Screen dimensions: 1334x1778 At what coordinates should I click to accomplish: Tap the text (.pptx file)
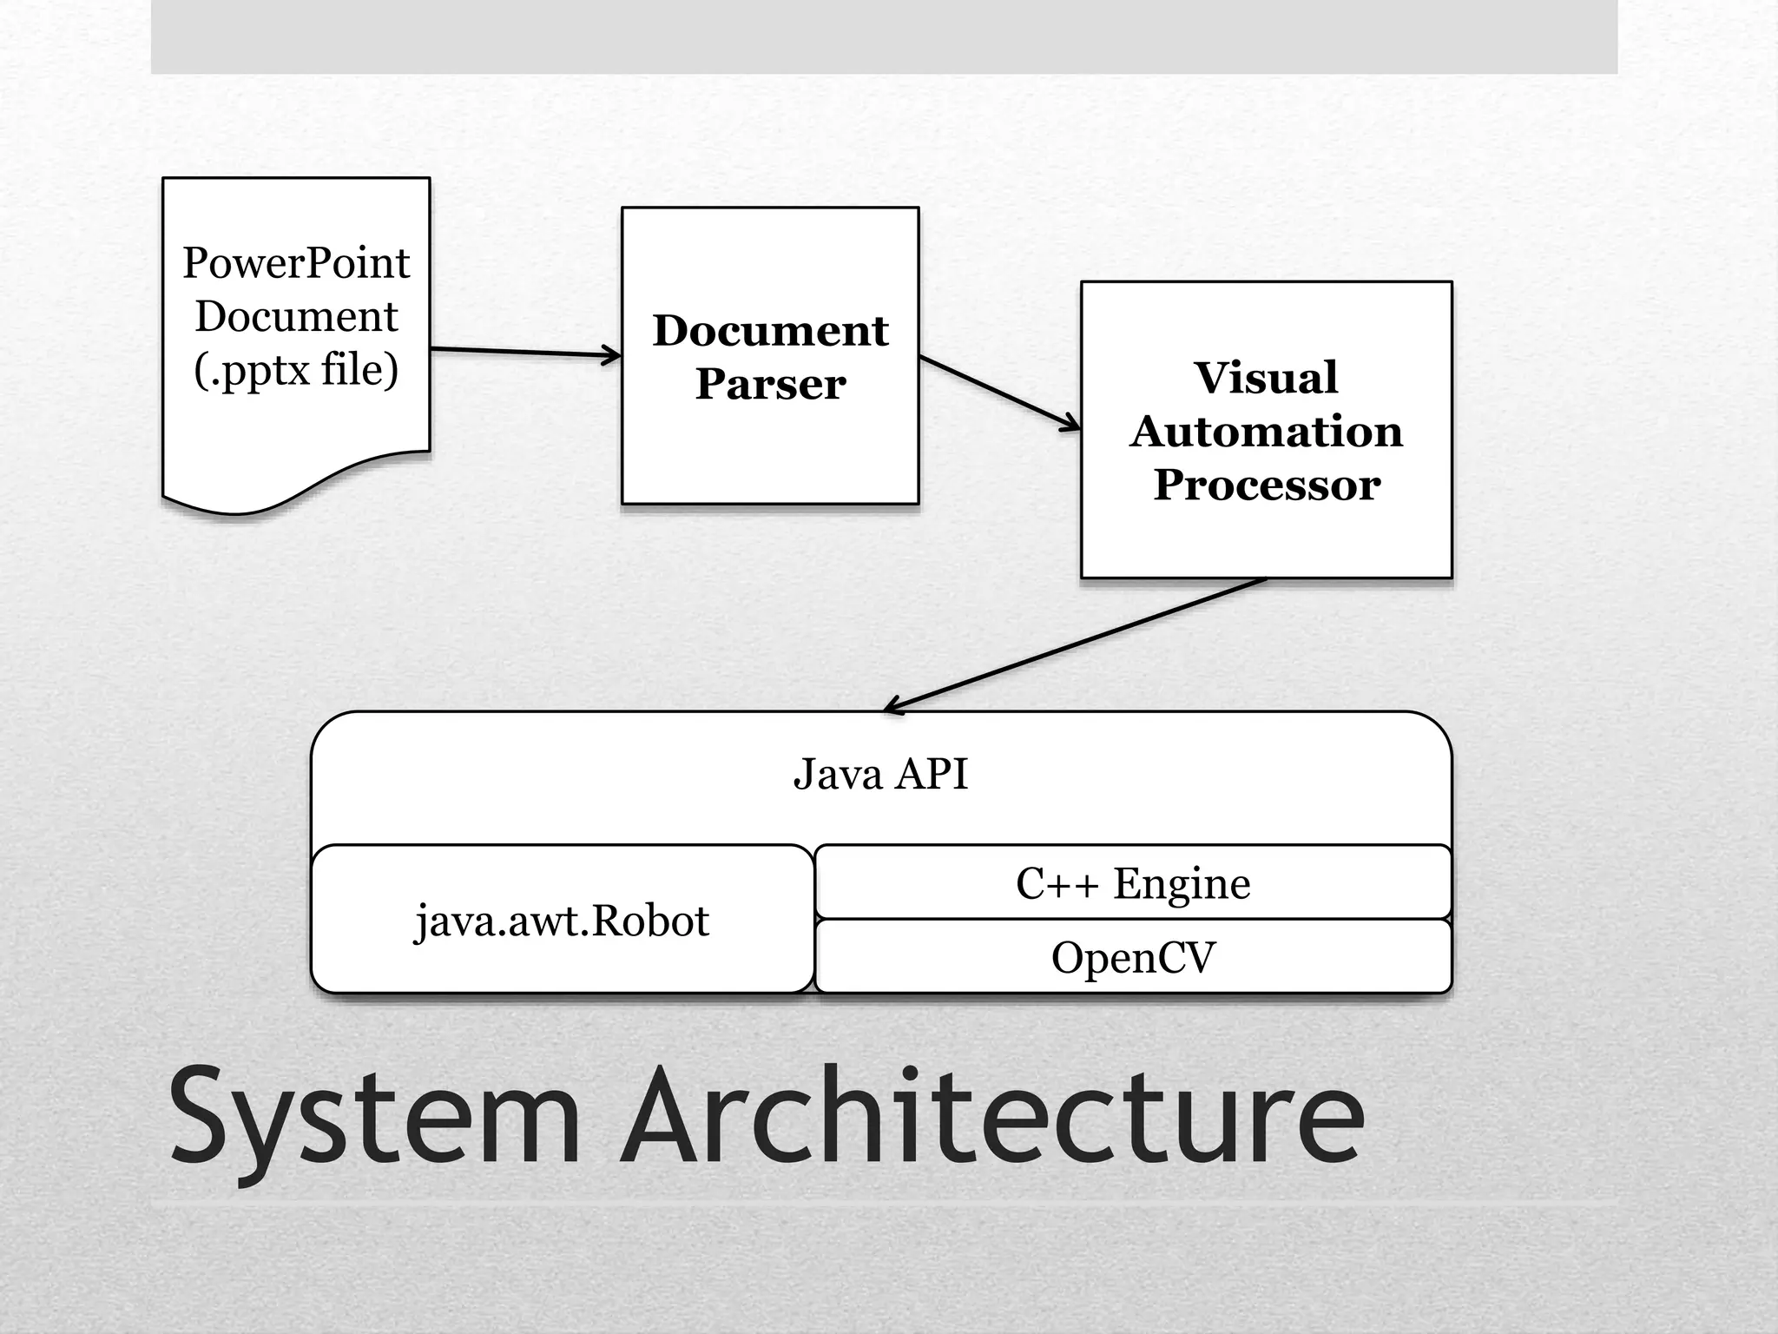click(x=295, y=370)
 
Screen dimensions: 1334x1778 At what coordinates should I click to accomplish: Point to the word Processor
click(x=1267, y=485)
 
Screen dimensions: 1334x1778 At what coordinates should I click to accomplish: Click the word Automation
click(x=1266, y=432)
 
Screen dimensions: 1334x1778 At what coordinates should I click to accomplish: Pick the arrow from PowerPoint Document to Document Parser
click(x=524, y=352)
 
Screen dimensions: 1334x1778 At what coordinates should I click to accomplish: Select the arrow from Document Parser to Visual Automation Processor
click(x=999, y=392)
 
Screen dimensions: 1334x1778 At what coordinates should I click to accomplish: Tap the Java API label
click(x=880, y=774)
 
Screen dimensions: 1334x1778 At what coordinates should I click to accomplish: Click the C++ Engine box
click(x=1133, y=883)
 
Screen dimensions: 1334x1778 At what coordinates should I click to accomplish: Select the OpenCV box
click(x=1133, y=957)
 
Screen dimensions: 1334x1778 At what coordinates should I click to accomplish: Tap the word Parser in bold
click(x=770, y=384)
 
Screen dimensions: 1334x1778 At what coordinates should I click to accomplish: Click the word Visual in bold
click(x=1266, y=378)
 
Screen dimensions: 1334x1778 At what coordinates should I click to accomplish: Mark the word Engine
click(x=1182, y=884)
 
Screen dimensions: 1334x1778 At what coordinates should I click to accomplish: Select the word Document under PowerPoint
click(x=295, y=316)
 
